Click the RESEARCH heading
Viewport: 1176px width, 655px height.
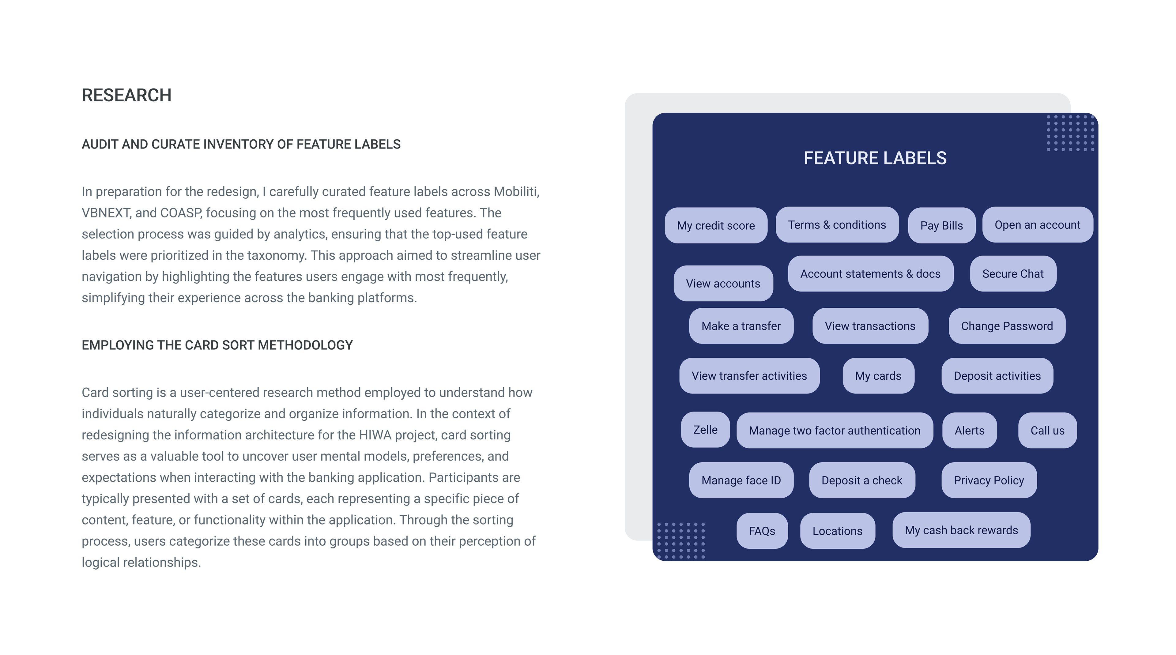coord(126,96)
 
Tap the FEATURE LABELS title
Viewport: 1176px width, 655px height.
coord(875,158)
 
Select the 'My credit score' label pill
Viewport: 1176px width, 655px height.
coord(715,225)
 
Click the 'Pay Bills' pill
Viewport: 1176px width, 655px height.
coord(941,225)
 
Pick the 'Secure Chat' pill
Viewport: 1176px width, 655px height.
coord(1012,274)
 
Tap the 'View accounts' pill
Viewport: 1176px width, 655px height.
coord(723,284)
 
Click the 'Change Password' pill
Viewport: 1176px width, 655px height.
coord(1007,326)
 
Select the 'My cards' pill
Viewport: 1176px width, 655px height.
coord(878,376)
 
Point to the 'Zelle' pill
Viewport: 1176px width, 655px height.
coord(705,430)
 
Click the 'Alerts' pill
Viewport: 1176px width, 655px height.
coord(969,431)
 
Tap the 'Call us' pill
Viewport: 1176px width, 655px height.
coord(1047,431)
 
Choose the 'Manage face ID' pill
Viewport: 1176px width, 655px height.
coord(741,480)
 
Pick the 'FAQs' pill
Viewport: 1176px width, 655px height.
coord(761,531)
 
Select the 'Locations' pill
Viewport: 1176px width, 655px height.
coord(837,531)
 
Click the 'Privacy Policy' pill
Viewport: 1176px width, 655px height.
coord(988,480)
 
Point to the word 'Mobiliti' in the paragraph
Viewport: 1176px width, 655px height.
coord(515,192)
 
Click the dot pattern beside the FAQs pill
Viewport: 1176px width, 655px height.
coord(681,540)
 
